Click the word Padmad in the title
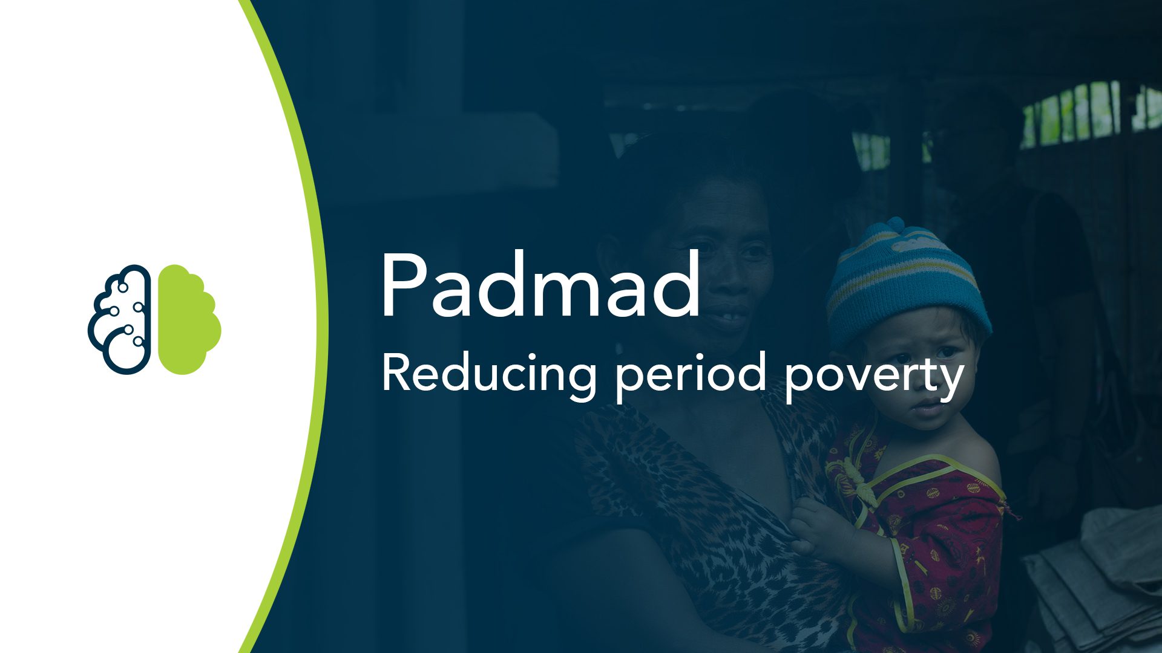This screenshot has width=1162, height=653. [x=540, y=284]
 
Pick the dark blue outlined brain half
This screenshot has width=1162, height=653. [x=120, y=319]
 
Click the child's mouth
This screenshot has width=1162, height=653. [x=926, y=408]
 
